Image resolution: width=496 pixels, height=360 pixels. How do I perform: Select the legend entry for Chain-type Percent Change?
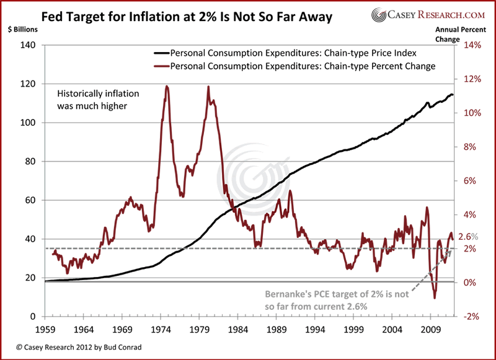pos(300,66)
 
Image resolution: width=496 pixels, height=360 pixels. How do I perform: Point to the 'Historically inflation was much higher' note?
pos(99,99)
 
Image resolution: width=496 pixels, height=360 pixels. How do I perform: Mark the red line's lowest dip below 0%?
pos(435,298)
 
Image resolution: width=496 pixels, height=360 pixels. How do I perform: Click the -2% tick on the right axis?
pos(470,317)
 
